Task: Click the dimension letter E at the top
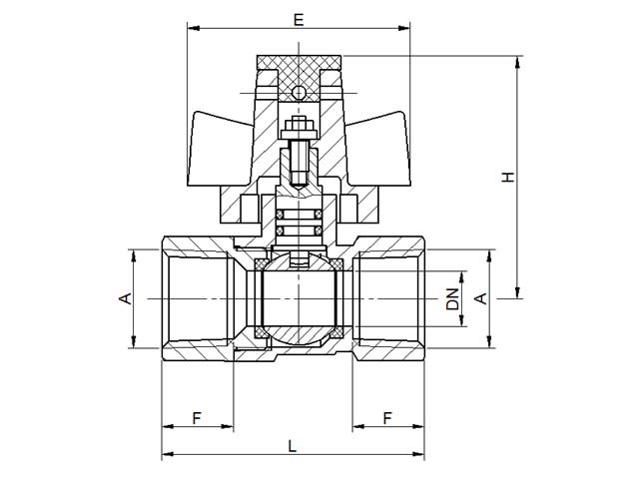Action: pos(299,19)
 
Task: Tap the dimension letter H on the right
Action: pos(508,177)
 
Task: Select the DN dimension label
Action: pos(452,299)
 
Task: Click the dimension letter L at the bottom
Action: pos(293,446)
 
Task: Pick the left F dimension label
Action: pos(198,418)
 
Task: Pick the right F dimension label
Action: pos(387,418)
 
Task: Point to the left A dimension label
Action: pos(126,298)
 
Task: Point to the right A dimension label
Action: pos(481,298)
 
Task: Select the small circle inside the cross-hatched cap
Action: pos(299,93)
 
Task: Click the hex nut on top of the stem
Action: pos(299,124)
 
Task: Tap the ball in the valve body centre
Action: pos(299,301)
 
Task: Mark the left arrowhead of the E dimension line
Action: pos(194,28)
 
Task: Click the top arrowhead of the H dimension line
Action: pos(518,62)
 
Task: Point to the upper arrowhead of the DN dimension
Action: pos(461,277)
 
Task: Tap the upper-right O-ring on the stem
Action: pos(319,214)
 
